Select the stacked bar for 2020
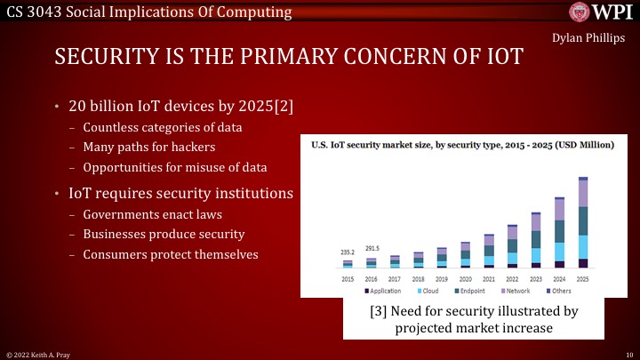click(x=465, y=255)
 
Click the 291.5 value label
click(x=372, y=248)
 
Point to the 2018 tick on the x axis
click(x=418, y=278)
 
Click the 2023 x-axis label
click(x=535, y=278)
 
